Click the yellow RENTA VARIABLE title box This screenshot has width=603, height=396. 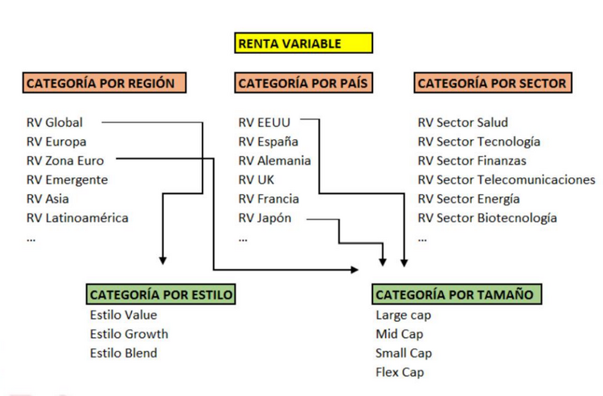(304, 43)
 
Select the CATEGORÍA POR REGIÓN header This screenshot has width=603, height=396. (105, 83)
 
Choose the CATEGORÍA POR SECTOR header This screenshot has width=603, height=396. (492, 83)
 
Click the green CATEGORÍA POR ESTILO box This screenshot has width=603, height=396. (161, 295)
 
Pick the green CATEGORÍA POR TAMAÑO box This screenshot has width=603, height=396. (454, 295)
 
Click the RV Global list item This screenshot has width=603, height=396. (54, 122)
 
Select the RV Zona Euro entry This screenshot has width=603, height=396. (64, 161)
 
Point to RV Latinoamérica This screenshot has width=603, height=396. (77, 218)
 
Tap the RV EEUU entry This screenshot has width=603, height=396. (264, 122)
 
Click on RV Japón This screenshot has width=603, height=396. (265, 218)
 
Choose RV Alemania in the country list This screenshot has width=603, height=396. (273, 161)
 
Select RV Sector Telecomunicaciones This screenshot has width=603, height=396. (507, 179)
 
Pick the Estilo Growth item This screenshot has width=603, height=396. (129, 334)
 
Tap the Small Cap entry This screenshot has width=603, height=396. (403, 353)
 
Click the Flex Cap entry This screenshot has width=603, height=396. (400, 373)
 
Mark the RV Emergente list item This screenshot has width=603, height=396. (67, 179)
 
